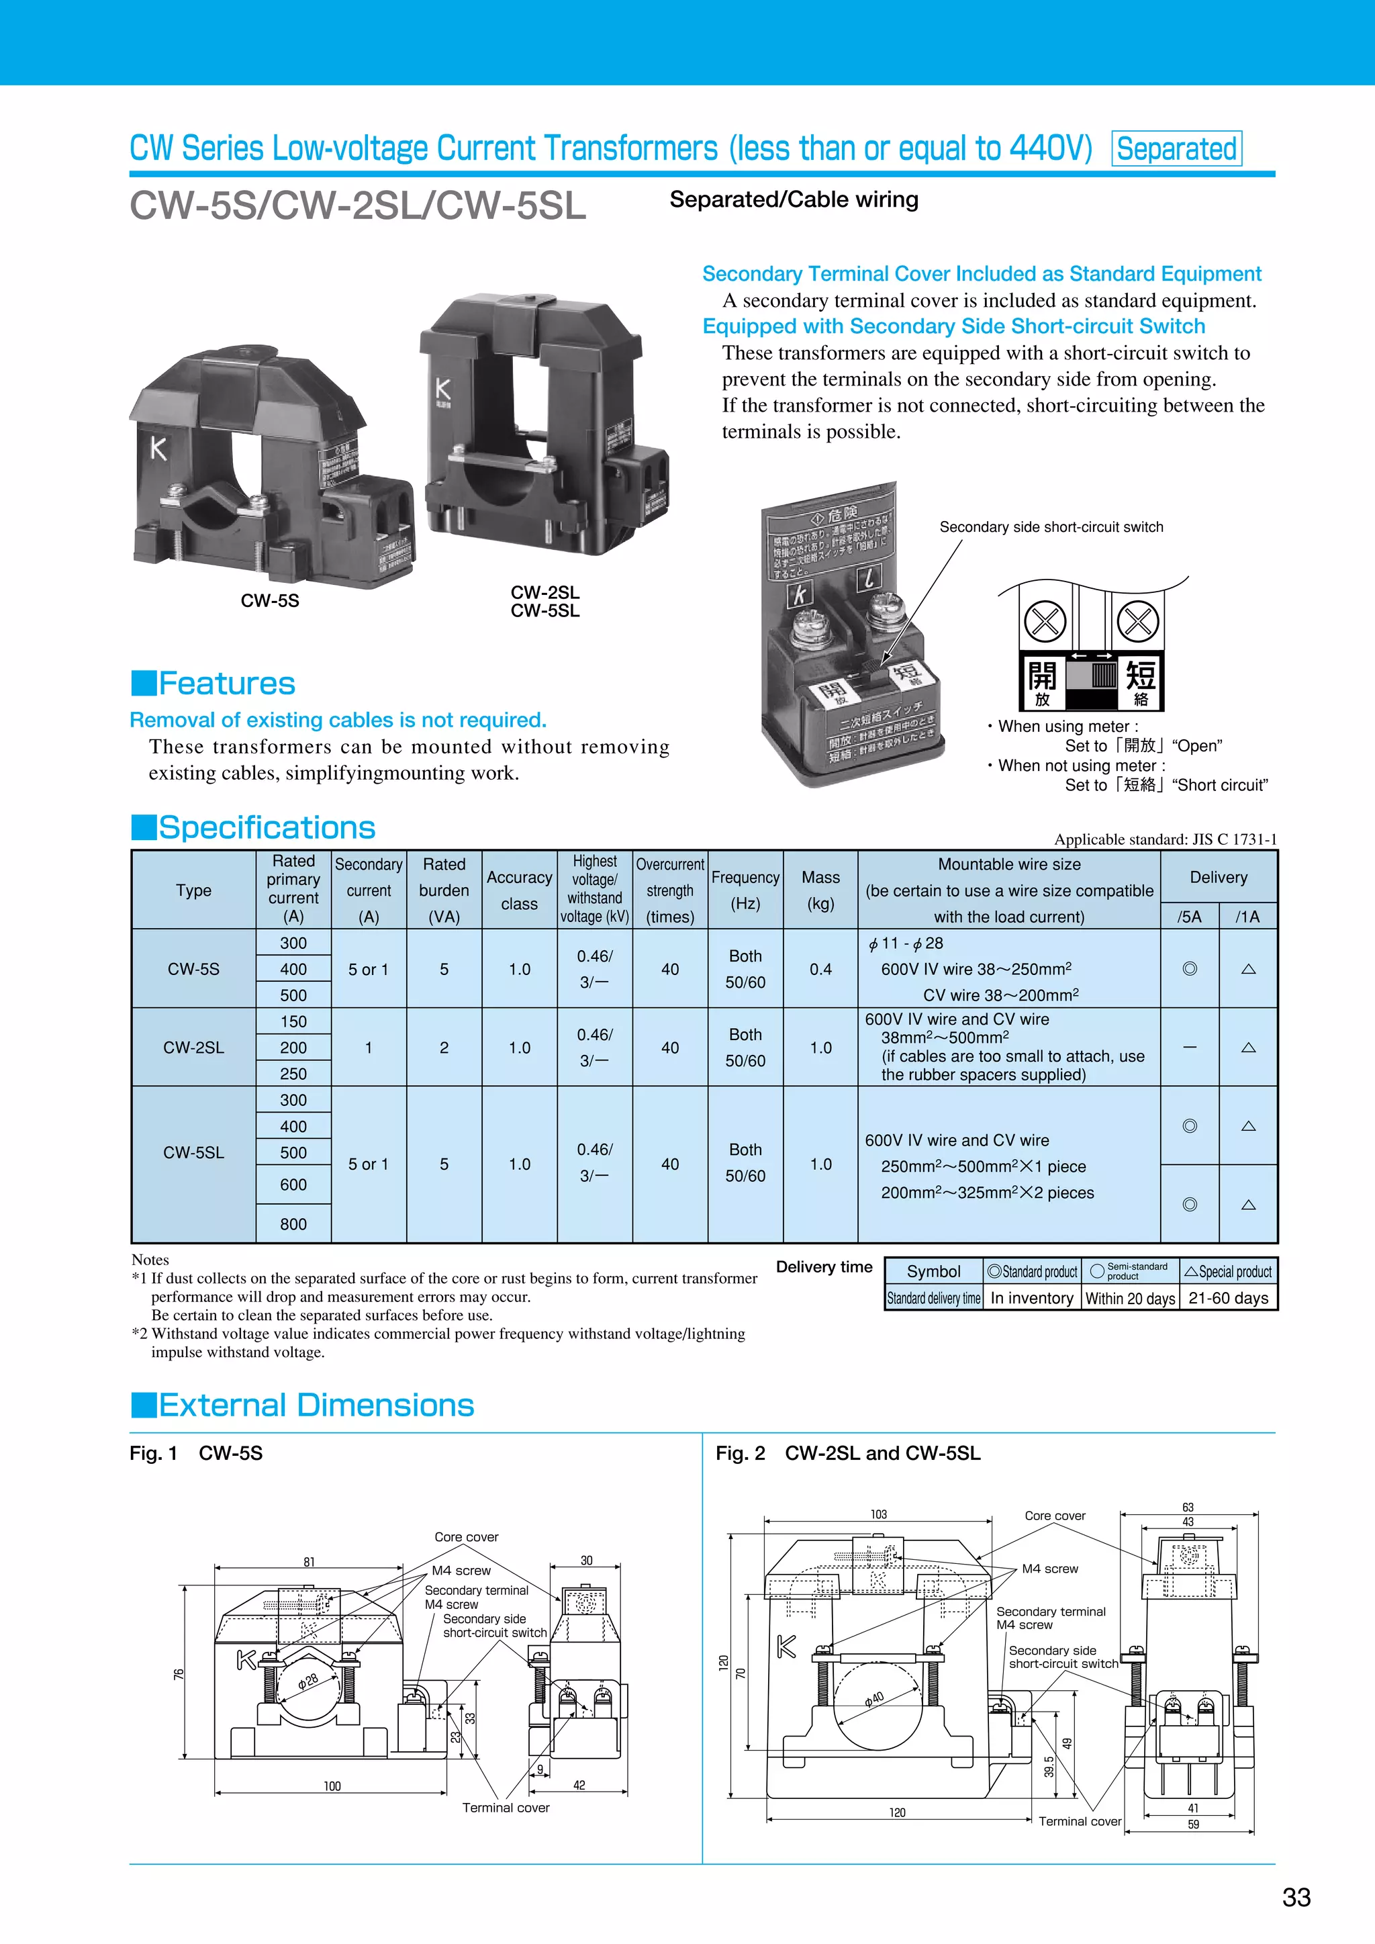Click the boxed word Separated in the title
(x=1176, y=149)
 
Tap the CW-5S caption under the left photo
(x=269, y=600)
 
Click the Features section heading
(x=226, y=684)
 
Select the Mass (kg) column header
(x=820, y=890)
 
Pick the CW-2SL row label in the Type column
(x=193, y=1048)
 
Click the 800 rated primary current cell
(x=293, y=1223)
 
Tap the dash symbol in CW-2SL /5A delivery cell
(x=1190, y=1048)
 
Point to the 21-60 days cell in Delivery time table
(x=1228, y=1298)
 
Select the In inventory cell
(x=1031, y=1298)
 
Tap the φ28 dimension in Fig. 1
(x=308, y=1681)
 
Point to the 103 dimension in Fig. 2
(x=878, y=1514)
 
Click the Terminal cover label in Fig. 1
(x=506, y=1807)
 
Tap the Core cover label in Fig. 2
(x=1054, y=1516)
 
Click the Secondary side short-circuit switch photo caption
(x=1051, y=526)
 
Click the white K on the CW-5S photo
(x=158, y=448)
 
